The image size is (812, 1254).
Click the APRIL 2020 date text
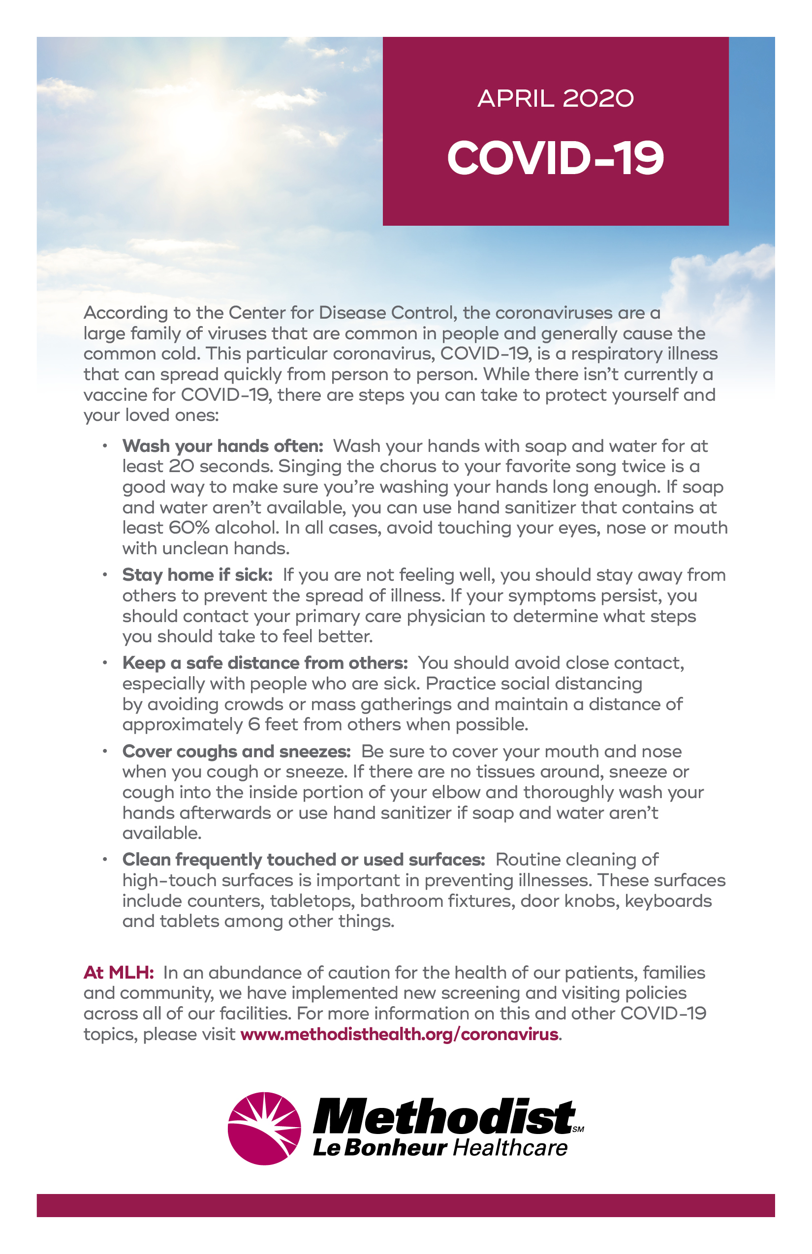tap(555, 99)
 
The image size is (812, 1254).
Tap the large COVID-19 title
tap(555, 158)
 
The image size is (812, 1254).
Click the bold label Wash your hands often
tap(222, 447)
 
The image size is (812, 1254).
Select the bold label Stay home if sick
tap(197, 575)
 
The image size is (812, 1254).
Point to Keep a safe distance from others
tap(265, 663)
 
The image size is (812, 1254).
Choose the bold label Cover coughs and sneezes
tap(236, 751)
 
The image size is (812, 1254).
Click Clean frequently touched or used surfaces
tap(303, 860)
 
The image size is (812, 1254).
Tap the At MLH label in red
tap(118, 973)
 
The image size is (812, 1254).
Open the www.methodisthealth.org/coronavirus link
tap(399, 1034)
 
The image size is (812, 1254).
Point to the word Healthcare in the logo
tap(510, 1148)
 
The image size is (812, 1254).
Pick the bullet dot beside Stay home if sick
tap(105, 574)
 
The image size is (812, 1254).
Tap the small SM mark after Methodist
tap(578, 1129)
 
